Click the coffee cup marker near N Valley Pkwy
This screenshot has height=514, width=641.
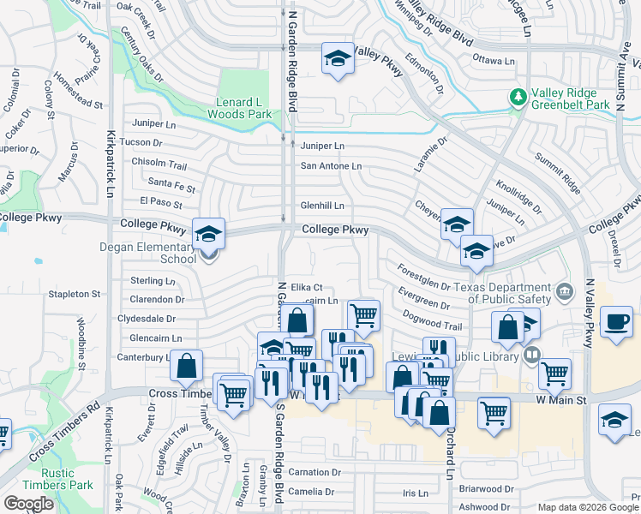click(617, 323)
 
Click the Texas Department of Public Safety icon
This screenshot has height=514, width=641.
click(563, 291)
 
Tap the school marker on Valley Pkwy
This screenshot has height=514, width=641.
click(338, 59)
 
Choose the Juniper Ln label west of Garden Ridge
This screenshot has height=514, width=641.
click(155, 123)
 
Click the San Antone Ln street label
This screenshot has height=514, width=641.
click(331, 166)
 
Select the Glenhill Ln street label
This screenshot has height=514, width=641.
click(322, 206)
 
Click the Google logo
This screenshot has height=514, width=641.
click(28, 504)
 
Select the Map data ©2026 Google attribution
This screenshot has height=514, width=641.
click(589, 507)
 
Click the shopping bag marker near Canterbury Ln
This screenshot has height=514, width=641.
click(186, 366)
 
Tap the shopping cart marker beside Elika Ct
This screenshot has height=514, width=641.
click(364, 314)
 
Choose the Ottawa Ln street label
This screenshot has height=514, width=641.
click(494, 61)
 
